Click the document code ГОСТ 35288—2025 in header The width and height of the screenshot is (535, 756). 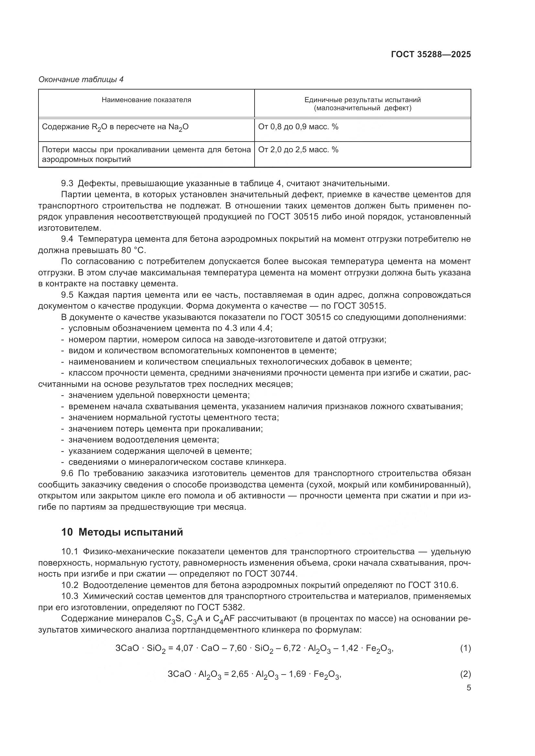(x=431, y=54)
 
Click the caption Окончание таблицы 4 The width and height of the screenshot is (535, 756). (x=81, y=80)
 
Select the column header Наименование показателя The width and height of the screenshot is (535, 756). (x=146, y=100)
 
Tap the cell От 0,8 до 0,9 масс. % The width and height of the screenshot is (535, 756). (x=298, y=127)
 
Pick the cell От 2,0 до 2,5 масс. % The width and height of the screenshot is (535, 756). (x=298, y=150)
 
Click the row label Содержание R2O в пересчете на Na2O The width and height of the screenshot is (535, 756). (x=115, y=127)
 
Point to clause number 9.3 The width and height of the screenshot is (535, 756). (x=67, y=183)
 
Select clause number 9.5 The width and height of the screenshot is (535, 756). (x=67, y=295)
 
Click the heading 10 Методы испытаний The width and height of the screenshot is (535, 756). (x=122, y=532)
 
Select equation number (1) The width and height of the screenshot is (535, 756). (x=465, y=648)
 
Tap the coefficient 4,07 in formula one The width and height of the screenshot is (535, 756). (x=184, y=648)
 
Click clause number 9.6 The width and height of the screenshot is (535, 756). (x=67, y=473)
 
